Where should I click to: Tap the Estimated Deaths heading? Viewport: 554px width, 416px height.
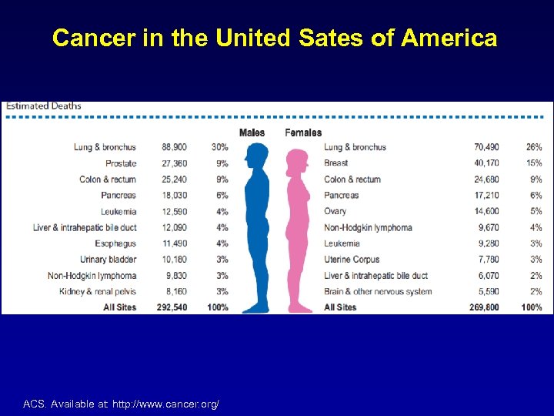[x=44, y=106]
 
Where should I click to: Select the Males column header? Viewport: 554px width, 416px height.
[x=252, y=133]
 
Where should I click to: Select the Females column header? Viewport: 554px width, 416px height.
[x=303, y=133]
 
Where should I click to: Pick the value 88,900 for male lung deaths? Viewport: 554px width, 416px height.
[x=175, y=147]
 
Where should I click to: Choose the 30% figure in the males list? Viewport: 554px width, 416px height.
[x=219, y=147]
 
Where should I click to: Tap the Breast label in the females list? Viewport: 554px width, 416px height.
[x=335, y=163]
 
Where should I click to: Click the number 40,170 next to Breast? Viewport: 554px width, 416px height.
[x=486, y=163]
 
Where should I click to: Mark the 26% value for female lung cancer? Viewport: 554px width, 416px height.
[x=533, y=147]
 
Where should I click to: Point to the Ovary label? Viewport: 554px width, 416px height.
[x=335, y=211]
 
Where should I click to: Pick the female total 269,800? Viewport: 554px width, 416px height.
[x=484, y=307]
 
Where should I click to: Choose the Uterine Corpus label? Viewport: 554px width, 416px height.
[x=352, y=260]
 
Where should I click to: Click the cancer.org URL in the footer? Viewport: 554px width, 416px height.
[x=165, y=404]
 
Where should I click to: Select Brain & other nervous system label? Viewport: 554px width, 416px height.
[x=378, y=292]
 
